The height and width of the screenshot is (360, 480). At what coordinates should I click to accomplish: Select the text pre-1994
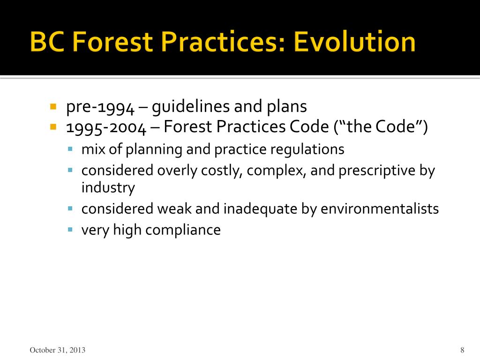[x=100, y=107]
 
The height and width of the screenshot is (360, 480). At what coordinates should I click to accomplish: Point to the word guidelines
[x=191, y=107]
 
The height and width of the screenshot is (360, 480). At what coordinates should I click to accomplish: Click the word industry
[x=108, y=188]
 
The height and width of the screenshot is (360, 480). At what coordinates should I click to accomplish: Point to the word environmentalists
[x=380, y=209]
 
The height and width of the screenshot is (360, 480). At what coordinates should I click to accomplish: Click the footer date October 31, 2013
[x=58, y=350]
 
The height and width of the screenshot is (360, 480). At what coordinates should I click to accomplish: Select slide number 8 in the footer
[x=462, y=350]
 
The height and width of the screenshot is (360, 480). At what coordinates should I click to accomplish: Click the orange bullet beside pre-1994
[x=53, y=107]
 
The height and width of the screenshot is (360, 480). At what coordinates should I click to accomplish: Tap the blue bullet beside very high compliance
[x=70, y=230]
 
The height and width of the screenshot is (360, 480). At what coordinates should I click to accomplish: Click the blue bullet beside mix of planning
[x=70, y=149]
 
